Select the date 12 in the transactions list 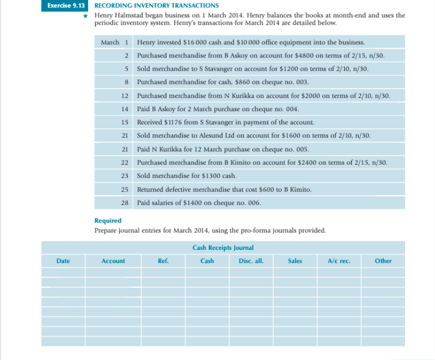pos(125,95)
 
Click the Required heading pos(107,220)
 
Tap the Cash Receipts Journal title pos(223,248)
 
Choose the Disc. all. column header pos(251,261)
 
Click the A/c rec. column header pos(339,261)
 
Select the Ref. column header pos(163,261)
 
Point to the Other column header pos(383,261)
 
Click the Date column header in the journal pos(63,261)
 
